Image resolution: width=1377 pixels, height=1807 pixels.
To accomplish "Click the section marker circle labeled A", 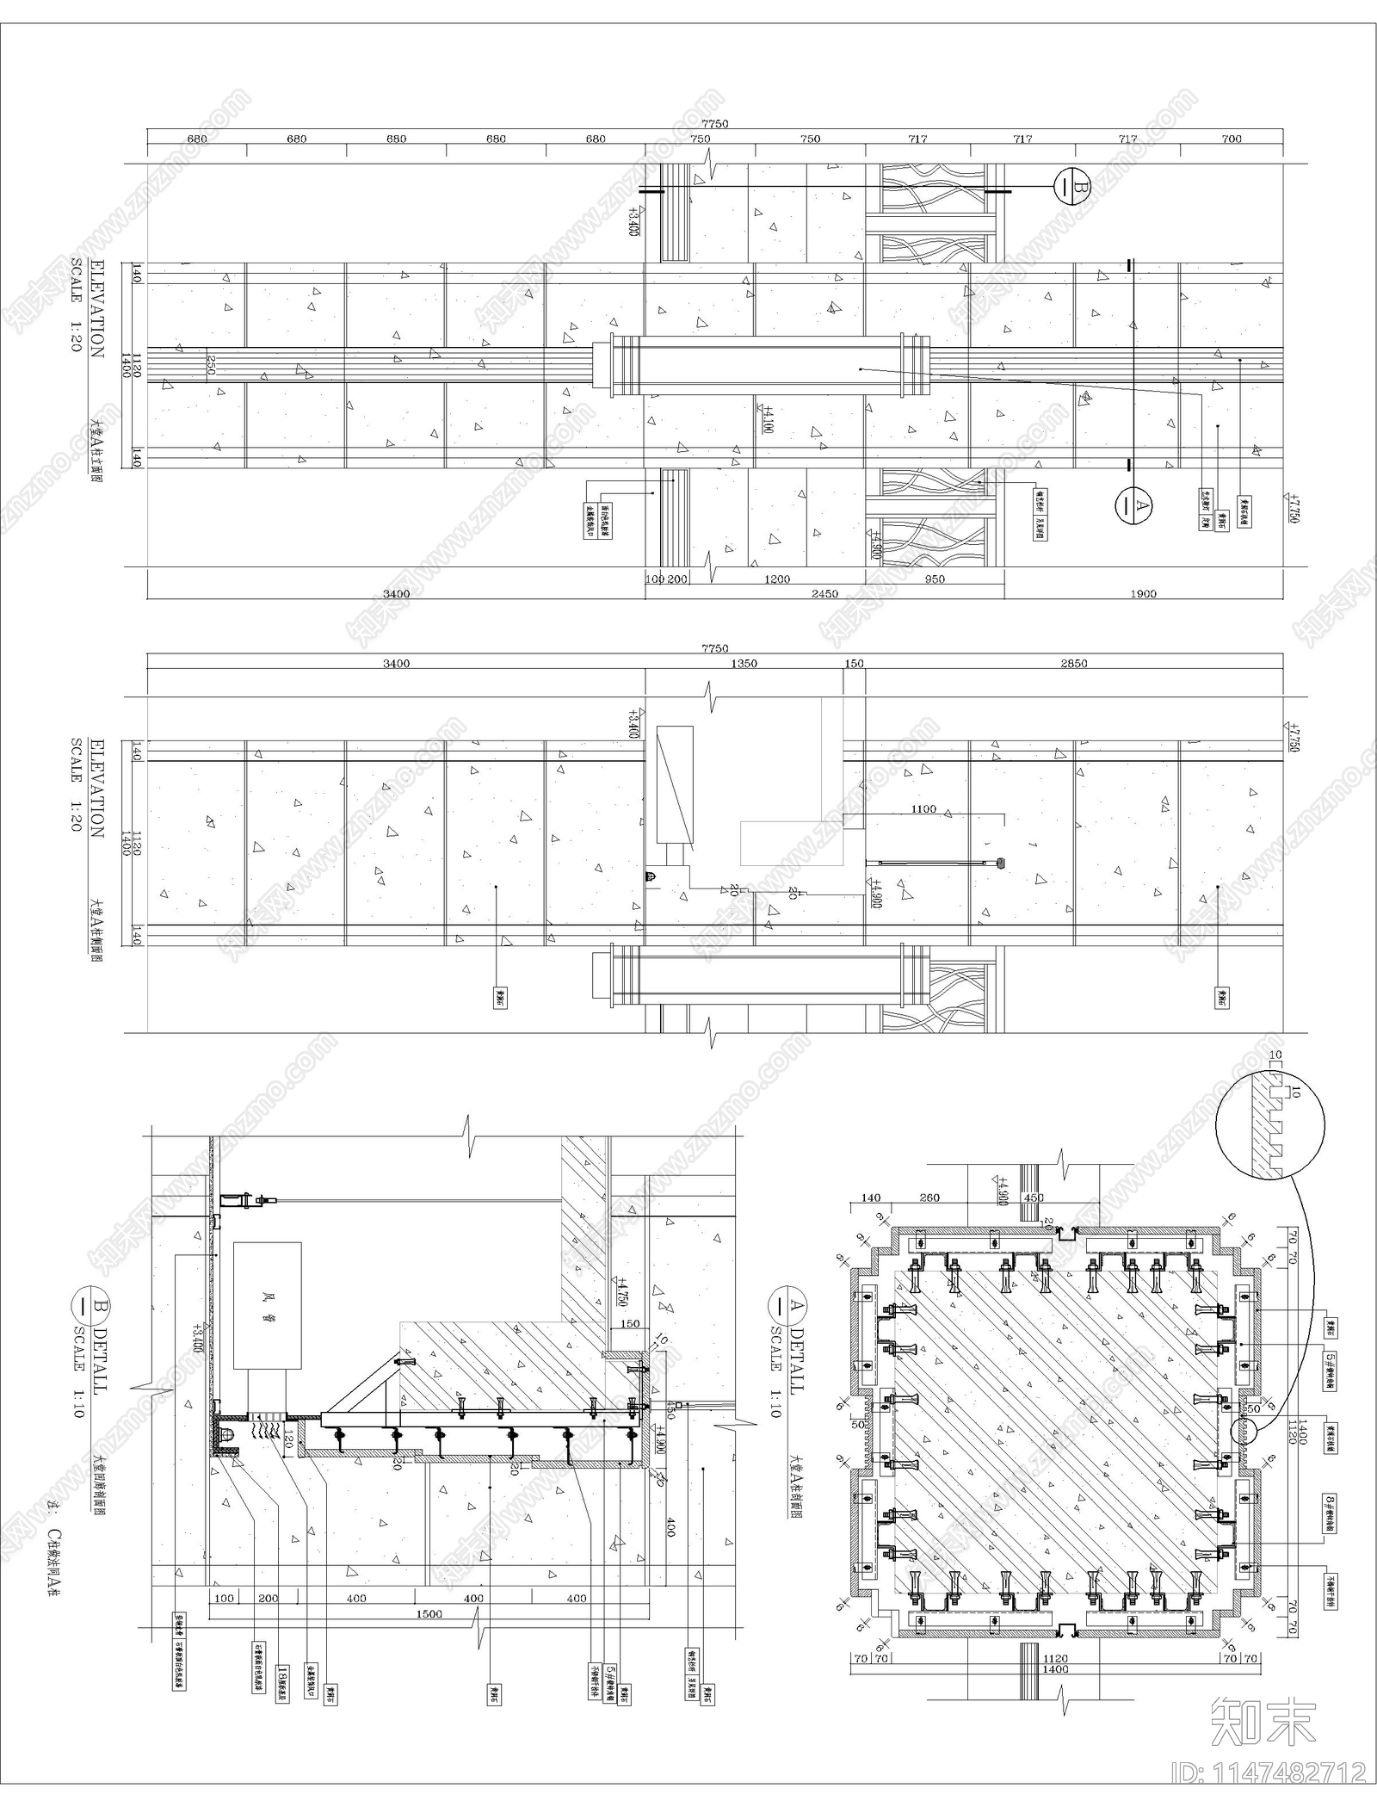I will [1133, 505].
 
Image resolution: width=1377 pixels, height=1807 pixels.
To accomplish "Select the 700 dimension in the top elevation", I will [1231, 139].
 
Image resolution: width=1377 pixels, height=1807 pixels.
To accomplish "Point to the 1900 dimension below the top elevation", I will [1143, 593].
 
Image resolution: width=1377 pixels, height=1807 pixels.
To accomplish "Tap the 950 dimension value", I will [934, 579].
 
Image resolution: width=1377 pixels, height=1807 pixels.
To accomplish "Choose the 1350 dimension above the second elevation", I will [744, 664].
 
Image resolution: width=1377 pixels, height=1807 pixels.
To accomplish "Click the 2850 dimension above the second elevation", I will [1073, 664].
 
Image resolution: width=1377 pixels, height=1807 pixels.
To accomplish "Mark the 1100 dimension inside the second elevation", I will [923, 809].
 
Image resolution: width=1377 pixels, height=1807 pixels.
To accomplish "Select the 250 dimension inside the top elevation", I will [210, 366].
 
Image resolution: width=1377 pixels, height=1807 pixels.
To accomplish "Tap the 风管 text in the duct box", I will [267, 1317].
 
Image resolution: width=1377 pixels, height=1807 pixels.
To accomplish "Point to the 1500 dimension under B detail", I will [429, 1614].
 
